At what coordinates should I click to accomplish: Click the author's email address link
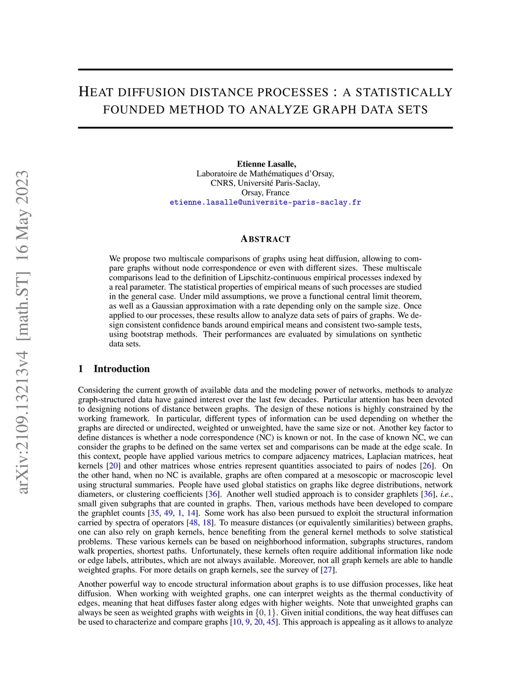[x=265, y=202]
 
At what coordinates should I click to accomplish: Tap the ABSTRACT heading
[x=265, y=239]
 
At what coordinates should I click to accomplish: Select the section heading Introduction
[x=121, y=369]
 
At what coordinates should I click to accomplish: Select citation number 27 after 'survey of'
[x=328, y=570]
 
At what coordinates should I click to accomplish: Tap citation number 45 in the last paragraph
[x=271, y=622]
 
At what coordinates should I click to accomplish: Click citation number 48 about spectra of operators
[x=193, y=523]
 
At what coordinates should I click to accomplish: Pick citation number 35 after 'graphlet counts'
[x=155, y=513]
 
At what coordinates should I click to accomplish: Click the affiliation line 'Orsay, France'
[x=265, y=192]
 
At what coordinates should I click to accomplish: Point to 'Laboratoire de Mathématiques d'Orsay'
[x=265, y=174]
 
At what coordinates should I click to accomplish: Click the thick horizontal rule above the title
[x=265, y=69]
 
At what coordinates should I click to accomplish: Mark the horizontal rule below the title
[x=265, y=128]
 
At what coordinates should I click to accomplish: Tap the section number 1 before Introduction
[x=81, y=369]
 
